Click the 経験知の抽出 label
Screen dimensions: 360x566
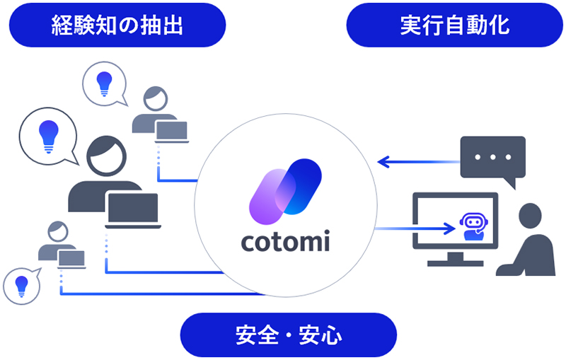point(117,25)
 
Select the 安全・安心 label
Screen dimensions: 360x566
point(288,334)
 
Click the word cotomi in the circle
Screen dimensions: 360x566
point(284,242)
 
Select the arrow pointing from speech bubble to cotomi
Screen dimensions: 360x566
point(417,162)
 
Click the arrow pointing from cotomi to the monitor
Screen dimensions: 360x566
point(414,228)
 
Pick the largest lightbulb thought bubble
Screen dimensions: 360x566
point(47,133)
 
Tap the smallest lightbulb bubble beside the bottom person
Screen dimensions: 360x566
point(22,284)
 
